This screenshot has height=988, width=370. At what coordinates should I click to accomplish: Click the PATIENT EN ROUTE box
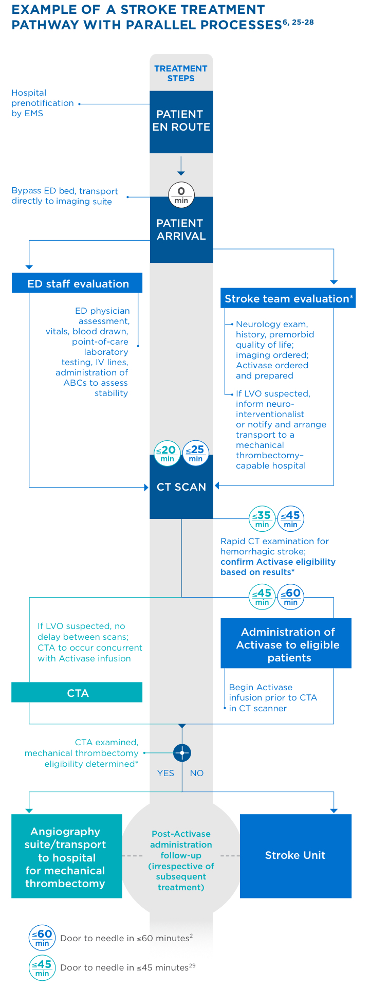click(181, 121)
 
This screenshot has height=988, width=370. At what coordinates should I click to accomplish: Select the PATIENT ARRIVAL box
click(181, 230)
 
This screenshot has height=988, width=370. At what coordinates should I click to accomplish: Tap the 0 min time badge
click(181, 195)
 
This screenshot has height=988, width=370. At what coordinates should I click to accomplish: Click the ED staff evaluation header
click(77, 283)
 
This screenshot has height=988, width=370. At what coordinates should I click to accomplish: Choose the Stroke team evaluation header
click(288, 298)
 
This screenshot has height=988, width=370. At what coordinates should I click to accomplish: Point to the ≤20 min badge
click(167, 453)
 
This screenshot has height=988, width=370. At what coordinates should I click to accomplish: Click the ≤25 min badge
click(195, 453)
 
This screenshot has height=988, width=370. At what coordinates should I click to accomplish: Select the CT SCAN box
click(181, 487)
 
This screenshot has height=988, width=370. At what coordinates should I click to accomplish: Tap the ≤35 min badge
click(262, 519)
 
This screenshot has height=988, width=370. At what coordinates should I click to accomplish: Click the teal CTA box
click(77, 693)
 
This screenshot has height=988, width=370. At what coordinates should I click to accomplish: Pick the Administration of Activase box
click(286, 644)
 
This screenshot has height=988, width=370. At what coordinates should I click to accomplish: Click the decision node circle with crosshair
click(182, 753)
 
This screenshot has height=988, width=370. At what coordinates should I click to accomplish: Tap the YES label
click(165, 773)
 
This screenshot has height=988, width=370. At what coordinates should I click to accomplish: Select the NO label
click(197, 773)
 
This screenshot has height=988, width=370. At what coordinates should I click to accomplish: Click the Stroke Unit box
click(295, 855)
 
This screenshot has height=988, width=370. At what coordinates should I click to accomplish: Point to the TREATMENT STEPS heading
click(181, 73)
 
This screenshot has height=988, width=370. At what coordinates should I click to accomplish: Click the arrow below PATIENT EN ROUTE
click(181, 166)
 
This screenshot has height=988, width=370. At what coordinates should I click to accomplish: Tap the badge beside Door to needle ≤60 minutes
click(42, 938)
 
